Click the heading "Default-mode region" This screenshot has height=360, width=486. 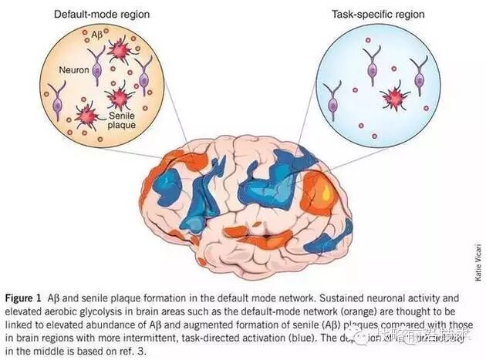point(102,13)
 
